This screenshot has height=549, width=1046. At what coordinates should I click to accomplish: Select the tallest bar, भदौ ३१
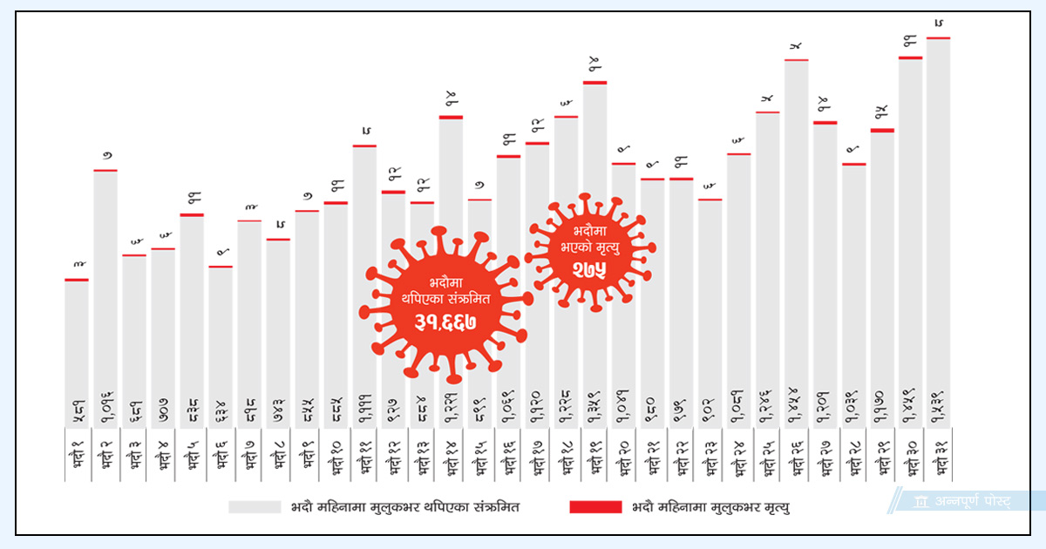coord(939,218)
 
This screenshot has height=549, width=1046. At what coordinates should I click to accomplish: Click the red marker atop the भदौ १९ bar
coord(594,83)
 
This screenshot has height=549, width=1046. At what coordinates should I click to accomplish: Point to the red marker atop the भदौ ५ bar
coord(192,214)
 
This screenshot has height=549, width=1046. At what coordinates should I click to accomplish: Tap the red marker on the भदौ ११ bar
coord(364,146)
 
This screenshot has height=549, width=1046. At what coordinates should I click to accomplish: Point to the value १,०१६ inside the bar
coord(105,407)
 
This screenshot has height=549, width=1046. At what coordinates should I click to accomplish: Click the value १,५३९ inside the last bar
coord(939,407)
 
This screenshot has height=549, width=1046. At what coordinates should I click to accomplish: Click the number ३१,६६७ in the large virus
coord(445,323)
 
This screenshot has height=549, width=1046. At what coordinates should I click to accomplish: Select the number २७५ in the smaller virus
coord(590,270)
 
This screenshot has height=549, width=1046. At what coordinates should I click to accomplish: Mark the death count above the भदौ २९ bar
coord(881,112)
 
